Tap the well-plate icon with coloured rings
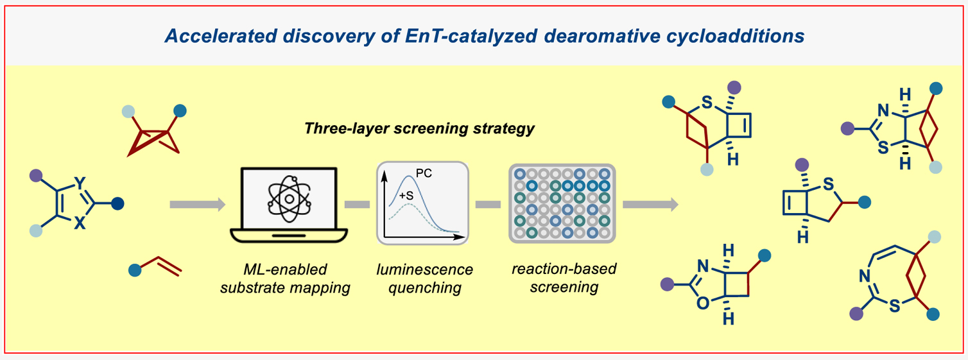(562, 204)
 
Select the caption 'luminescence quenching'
(424, 279)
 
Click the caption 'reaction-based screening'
(564, 277)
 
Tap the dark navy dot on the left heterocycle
(117, 205)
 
